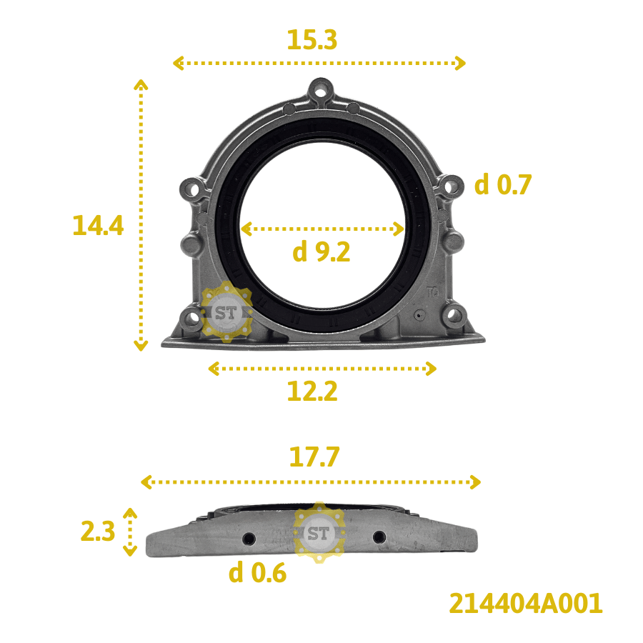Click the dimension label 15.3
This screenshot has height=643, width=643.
point(311,40)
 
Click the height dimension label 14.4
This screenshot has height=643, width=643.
point(98,226)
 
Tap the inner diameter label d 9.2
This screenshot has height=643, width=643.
point(321,251)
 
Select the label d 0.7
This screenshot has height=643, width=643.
point(503,186)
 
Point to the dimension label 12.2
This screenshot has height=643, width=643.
point(311,391)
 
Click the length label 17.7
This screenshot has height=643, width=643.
point(314,457)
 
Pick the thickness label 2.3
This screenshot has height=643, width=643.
point(98,532)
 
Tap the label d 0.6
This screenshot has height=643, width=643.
point(257,573)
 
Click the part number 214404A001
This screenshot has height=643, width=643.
point(526,604)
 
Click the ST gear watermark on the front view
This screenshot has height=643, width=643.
point(225,312)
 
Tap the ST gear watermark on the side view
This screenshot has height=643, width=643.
point(319,533)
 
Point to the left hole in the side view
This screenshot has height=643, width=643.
point(249,537)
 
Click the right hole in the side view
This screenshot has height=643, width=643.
point(379,537)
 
